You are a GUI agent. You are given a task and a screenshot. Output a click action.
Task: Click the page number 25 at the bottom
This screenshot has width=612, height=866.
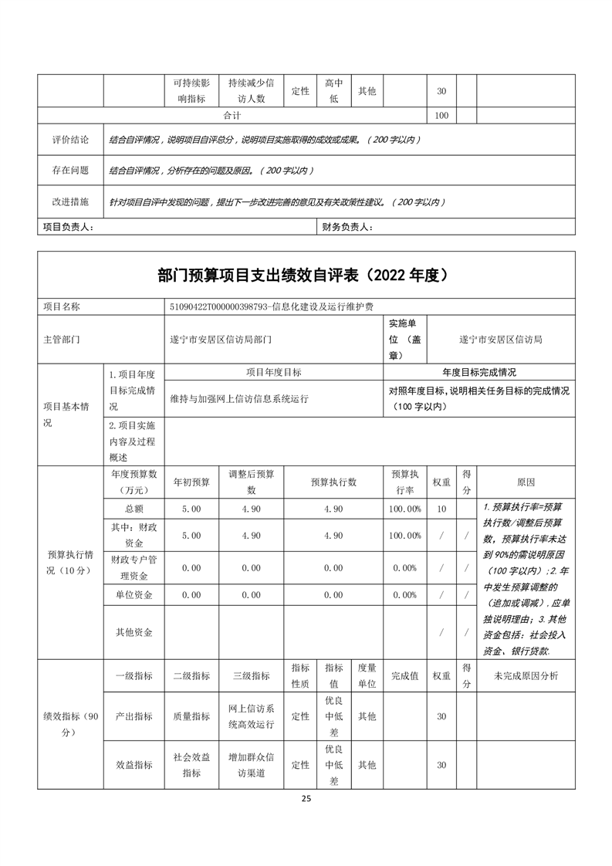click(x=306, y=798)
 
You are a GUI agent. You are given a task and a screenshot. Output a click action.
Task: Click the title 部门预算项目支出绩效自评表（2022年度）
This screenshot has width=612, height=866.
click(x=306, y=275)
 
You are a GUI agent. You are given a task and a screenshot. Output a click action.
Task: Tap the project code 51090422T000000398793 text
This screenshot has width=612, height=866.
click(x=218, y=306)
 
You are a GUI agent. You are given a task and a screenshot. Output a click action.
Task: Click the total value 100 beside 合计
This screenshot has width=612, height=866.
click(x=441, y=115)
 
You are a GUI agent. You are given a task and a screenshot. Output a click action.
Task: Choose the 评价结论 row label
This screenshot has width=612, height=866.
click(x=70, y=140)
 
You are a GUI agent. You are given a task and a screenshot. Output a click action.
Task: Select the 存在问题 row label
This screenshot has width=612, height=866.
click(x=70, y=171)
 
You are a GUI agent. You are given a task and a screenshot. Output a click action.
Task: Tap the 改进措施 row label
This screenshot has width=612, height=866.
click(x=70, y=201)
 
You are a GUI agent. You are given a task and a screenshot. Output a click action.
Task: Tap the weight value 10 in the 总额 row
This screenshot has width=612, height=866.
click(x=441, y=509)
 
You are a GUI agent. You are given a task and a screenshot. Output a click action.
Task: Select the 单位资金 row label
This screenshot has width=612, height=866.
click(x=134, y=595)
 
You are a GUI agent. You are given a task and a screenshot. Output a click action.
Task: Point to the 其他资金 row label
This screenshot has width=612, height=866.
click(x=134, y=632)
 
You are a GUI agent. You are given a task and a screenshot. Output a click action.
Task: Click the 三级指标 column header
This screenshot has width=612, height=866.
click(x=251, y=675)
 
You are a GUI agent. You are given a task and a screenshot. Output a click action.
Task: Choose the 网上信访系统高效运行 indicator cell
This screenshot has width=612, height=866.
click(x=251, y=716)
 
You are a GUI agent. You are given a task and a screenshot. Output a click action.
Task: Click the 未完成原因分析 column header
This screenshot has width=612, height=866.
click(x=526, y=675)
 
